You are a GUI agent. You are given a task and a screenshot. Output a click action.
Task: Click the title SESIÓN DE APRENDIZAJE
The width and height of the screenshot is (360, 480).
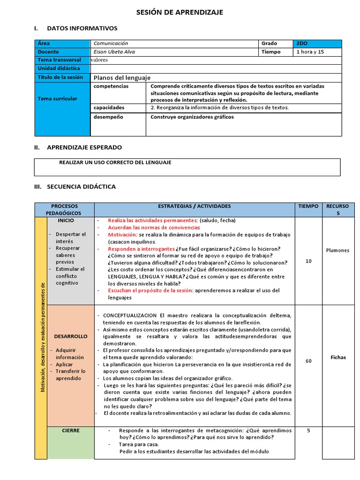click(x=180, y=12)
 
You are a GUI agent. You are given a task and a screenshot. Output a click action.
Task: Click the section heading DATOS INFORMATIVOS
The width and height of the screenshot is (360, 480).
click(x=82, y=29)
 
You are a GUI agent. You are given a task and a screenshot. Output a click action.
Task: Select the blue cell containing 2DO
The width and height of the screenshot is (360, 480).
click(x=317, y=44)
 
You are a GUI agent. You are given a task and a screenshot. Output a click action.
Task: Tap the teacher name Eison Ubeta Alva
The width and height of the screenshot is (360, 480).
click(x=114, y=52)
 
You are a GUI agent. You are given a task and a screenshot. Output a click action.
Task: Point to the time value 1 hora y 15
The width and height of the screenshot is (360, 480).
click(x=310, y=52)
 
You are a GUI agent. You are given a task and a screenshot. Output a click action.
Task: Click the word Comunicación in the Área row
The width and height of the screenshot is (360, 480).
click(x=111, y=44)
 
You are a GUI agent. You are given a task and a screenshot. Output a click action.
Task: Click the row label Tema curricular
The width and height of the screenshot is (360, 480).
click(x=57, y=99)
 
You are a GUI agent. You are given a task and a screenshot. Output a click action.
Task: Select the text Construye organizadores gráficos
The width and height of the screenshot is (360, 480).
click(x=192, y=117)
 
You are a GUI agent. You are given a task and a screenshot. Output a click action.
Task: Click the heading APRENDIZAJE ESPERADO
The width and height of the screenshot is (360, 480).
click(x=84, y=147)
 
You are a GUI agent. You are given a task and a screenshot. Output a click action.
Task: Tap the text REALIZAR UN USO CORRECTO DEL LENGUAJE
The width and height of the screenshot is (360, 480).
click(x=115, y=163)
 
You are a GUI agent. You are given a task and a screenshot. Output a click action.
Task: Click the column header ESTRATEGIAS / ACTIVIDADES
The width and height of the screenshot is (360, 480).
click(x=194, y=206)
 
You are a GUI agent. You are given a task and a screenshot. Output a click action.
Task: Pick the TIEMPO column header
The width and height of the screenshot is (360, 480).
click(x=308, y=206)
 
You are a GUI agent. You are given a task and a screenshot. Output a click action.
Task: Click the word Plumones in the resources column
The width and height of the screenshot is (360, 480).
click(x=337, y=250)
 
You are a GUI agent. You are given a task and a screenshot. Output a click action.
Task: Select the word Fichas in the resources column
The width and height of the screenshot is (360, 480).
click(x=337, y=357)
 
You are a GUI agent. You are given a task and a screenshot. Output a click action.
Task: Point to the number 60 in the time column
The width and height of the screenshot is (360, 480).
click(x=308, y=361)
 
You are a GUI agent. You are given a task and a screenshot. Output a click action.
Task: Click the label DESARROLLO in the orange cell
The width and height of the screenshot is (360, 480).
click(x=70, y=337)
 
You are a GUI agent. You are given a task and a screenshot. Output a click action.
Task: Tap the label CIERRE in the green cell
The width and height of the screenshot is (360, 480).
click(x=70, y=430)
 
